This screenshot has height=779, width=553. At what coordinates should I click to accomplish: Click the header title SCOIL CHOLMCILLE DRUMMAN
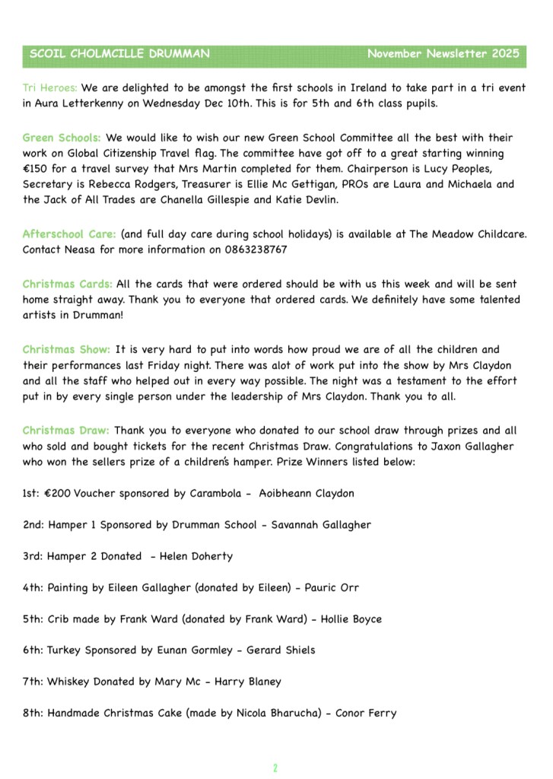[x=119, y=54]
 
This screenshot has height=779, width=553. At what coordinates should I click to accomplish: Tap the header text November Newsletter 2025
[x=443, y=54]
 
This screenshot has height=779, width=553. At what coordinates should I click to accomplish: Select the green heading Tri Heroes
[x=50, y=88]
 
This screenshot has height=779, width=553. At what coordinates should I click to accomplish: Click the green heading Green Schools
[x=62, y=138]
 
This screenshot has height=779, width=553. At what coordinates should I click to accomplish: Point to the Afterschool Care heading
[x=69, y=234]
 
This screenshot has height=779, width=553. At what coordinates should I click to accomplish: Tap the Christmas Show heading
[x=66, y=350]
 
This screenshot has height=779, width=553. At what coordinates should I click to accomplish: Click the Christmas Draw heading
[x=66, y=430]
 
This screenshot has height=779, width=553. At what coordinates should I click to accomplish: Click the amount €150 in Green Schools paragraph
[x=36, y=169]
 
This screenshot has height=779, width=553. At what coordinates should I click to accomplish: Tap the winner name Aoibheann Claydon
[x=307, y=493]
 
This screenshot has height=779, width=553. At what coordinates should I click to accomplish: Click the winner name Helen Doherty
[x=196, y=556]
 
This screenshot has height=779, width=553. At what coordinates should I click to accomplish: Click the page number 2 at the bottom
[x=275, y=768]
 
